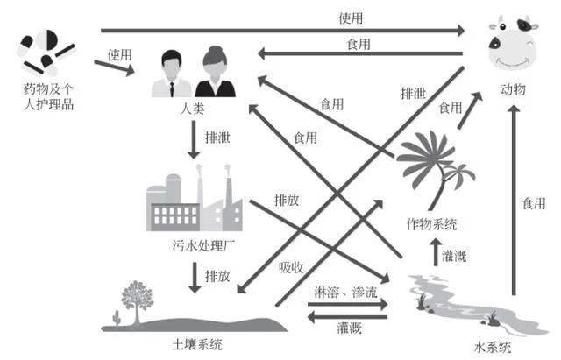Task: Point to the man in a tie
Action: pyautogui.click(x=172, y=74)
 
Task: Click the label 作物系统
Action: pyautogui.click(x=432, y=223)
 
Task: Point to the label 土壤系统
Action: pyautogui.click(x=198, y=344)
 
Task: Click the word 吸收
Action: pyautogui.click(x=292, y=266)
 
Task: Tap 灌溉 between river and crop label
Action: pyautogui.click(x=455, y=255)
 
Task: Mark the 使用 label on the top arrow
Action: pyautogui.click(x=351, y=18)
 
